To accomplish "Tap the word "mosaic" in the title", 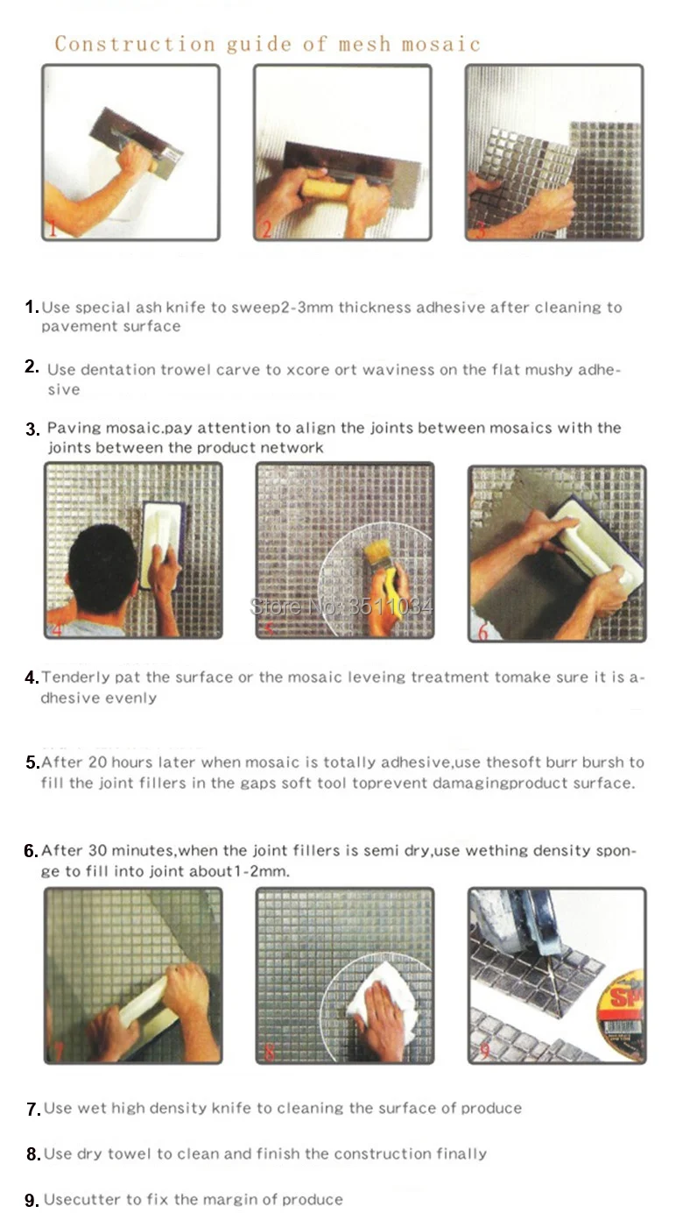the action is click(x=441, y=45).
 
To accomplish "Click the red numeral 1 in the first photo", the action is click(x=53, y=228).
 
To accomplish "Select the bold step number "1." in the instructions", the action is click(x=32, y=307).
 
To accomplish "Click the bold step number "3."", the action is click(x=32, y=429).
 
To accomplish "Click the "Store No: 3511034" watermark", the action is click(x=341, y=606).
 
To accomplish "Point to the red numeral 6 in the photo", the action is click(x=482, y=631).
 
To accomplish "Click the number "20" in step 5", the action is click(x=97, y=763).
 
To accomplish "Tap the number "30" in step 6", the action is click(x=97, y=850).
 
